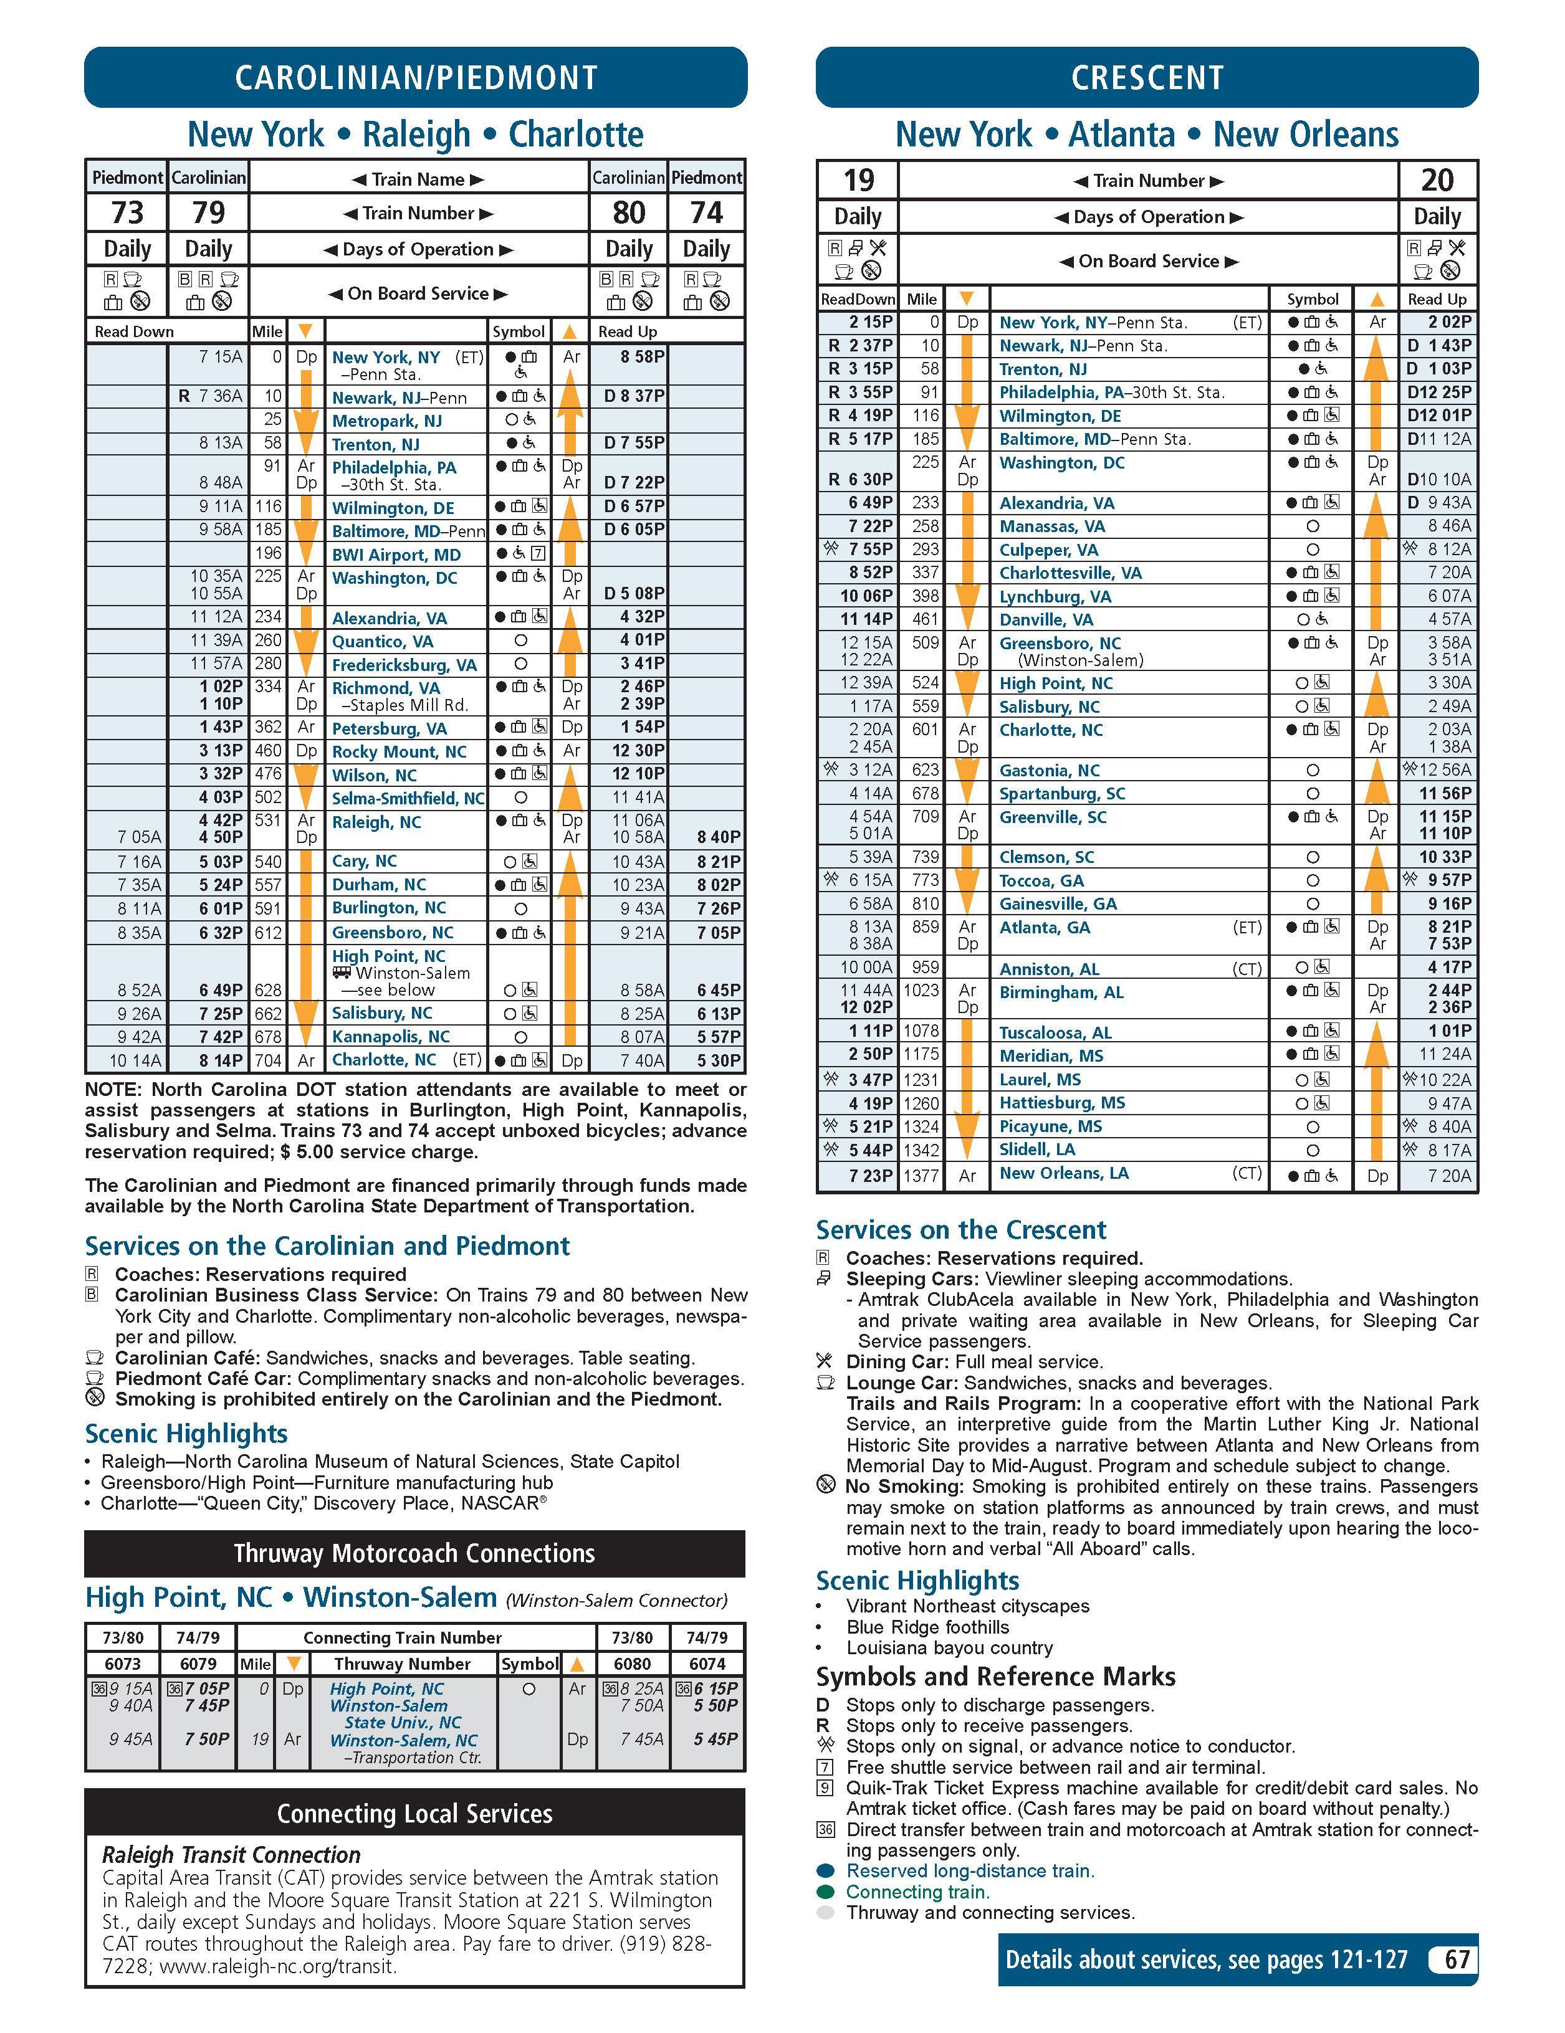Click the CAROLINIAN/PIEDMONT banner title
pyautogui.click(x=415, y=77)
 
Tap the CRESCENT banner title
pyautogui.click(x=1147, y=77)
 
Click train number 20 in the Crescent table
pyautogui.click(x=1437, y=179)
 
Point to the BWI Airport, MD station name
pyautogui.click(x=396, y=555)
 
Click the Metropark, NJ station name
pyautogui.click(x=386, y=421)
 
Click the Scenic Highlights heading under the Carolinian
pyautogui.click(x=186, y=1434)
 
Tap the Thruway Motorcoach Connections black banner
pyautogui.click(x=414, y=1554)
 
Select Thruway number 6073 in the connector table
pyautogui.click(x=122, y=1664)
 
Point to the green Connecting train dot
pyautogui.click(x=825, y=1892)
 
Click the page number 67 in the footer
pyautogui.click(x=1456, y=1960)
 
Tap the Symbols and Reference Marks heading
pyautogui.click(x=995, y=1677)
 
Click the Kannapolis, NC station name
pyautogui.click(x=390, y=1037)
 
